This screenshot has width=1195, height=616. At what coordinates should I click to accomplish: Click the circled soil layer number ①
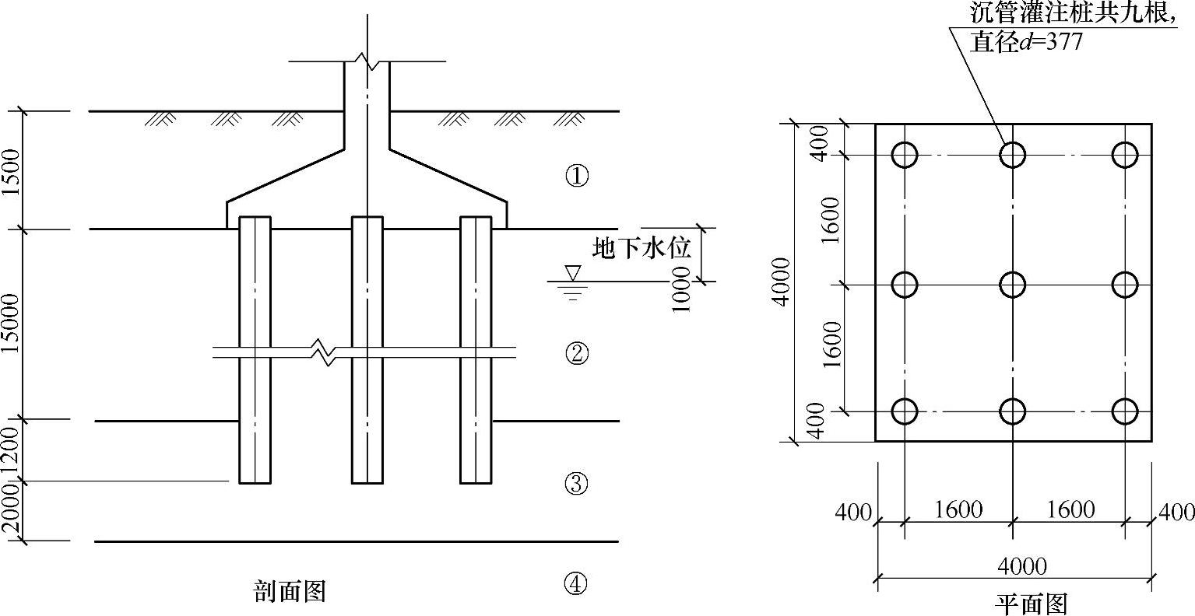coord(576,177)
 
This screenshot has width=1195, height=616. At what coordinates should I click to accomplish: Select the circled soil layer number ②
coord(576,354)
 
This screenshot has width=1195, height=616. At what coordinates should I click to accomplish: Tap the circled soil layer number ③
coord(576,484)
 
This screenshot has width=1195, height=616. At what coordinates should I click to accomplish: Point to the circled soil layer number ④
coord(576,583)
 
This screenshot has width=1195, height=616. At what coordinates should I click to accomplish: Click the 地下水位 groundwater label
coord(641,249)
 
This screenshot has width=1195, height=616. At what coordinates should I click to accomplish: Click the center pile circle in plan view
coord(1012,285)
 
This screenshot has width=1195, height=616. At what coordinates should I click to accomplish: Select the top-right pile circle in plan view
coord(1125,155)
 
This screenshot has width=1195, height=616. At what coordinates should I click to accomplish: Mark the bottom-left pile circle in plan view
coord(905,411)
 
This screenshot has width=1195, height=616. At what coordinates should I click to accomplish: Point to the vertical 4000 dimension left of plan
coord(782,282)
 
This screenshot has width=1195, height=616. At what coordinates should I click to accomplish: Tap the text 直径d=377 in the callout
coord(1026,41)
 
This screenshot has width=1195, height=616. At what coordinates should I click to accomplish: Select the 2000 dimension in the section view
coord(11,510)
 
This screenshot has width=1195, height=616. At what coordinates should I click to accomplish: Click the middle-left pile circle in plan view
coord(905,285)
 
